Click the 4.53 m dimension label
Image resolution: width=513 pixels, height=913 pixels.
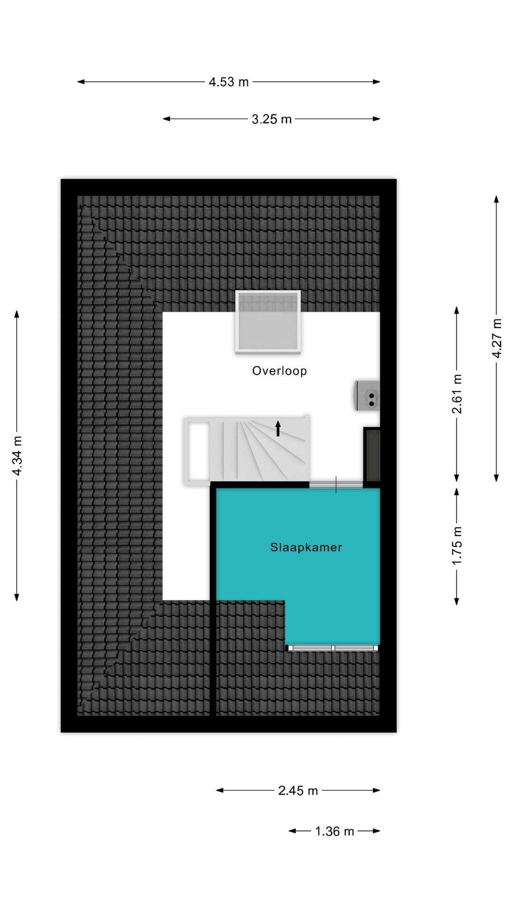tap(228, 82)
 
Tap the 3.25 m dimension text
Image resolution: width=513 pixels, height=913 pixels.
tap(271, 119)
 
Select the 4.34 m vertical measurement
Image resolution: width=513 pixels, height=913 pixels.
tap(17, 456)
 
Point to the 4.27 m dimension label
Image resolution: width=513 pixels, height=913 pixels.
tap(497, 338)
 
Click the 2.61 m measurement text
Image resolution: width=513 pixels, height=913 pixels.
tap(457, 394)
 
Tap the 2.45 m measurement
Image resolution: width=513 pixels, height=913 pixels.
tap(298, 790)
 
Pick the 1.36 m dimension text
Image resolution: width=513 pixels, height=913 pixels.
tap(334, 831)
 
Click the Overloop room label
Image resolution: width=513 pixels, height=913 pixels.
tap(279, 371)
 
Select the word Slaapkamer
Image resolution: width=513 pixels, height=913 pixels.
tap(306, 547)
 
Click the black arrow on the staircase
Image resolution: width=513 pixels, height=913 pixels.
tap(278, 428)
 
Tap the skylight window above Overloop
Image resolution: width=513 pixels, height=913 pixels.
tap(268, 322)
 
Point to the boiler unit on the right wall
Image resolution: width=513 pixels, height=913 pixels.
tap(368, 395)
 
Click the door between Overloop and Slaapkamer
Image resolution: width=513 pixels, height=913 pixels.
tap(336, 485)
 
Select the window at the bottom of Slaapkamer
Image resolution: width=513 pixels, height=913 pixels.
tap(333, 648)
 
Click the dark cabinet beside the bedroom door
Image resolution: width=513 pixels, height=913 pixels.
tap(372, 455)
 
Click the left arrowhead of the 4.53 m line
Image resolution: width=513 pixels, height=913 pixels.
tap(81, 82)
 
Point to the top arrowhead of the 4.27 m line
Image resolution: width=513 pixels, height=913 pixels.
tap(496, 199)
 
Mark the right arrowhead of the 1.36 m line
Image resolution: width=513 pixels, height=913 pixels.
tap(377, 831)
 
